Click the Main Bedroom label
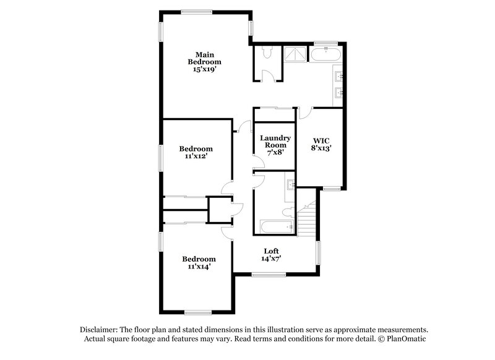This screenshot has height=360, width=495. (205, 58)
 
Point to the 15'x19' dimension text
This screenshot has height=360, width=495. (205, 70)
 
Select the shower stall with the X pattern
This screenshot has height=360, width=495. (295, 54)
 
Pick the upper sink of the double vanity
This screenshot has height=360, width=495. (339, 77)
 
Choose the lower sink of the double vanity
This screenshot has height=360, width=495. (339, 93)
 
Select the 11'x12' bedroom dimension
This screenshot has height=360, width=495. (196, 156)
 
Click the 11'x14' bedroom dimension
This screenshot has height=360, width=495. (199, 267)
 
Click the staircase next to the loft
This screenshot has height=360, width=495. (307, 220)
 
